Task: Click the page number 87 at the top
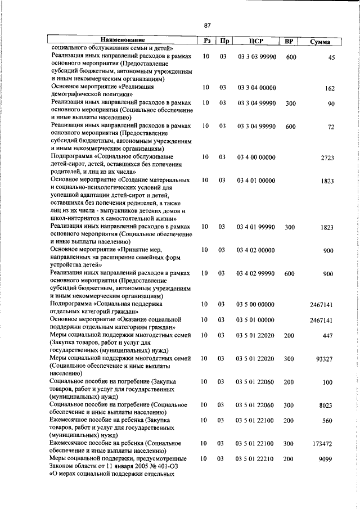(x=207, y=25)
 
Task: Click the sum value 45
(x=331, y=57)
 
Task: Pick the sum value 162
(x=330, y=88)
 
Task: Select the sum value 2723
(x=327, y=158)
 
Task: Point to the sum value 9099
(x=327, y=460)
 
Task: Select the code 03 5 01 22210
(x=256, y=459)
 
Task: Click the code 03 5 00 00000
(x=256, y=304)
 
